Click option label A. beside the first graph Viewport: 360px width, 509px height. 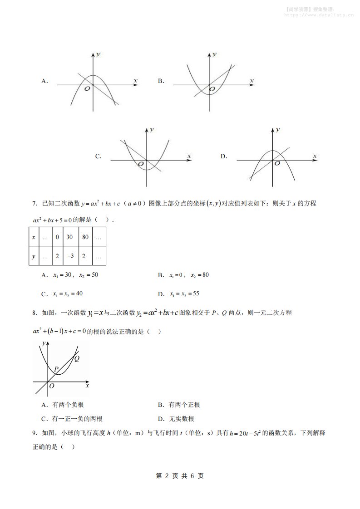coord(44,81)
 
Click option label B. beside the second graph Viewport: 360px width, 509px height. coord(161,81)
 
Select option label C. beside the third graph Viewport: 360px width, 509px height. coord(98,157)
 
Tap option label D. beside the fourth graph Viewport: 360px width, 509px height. coord(223,157)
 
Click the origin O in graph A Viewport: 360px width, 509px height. coord(87,89)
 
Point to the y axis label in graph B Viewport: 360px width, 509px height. coord(215,54)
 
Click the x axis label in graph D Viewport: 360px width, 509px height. coord(315,156)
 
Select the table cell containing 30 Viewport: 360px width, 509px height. coord(69,237)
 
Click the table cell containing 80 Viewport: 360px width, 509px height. coord(85,237)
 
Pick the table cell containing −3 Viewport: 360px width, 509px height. coord(69,256)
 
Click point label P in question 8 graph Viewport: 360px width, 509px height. coord(55,369)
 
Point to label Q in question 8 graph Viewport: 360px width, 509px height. coord(77,358)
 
